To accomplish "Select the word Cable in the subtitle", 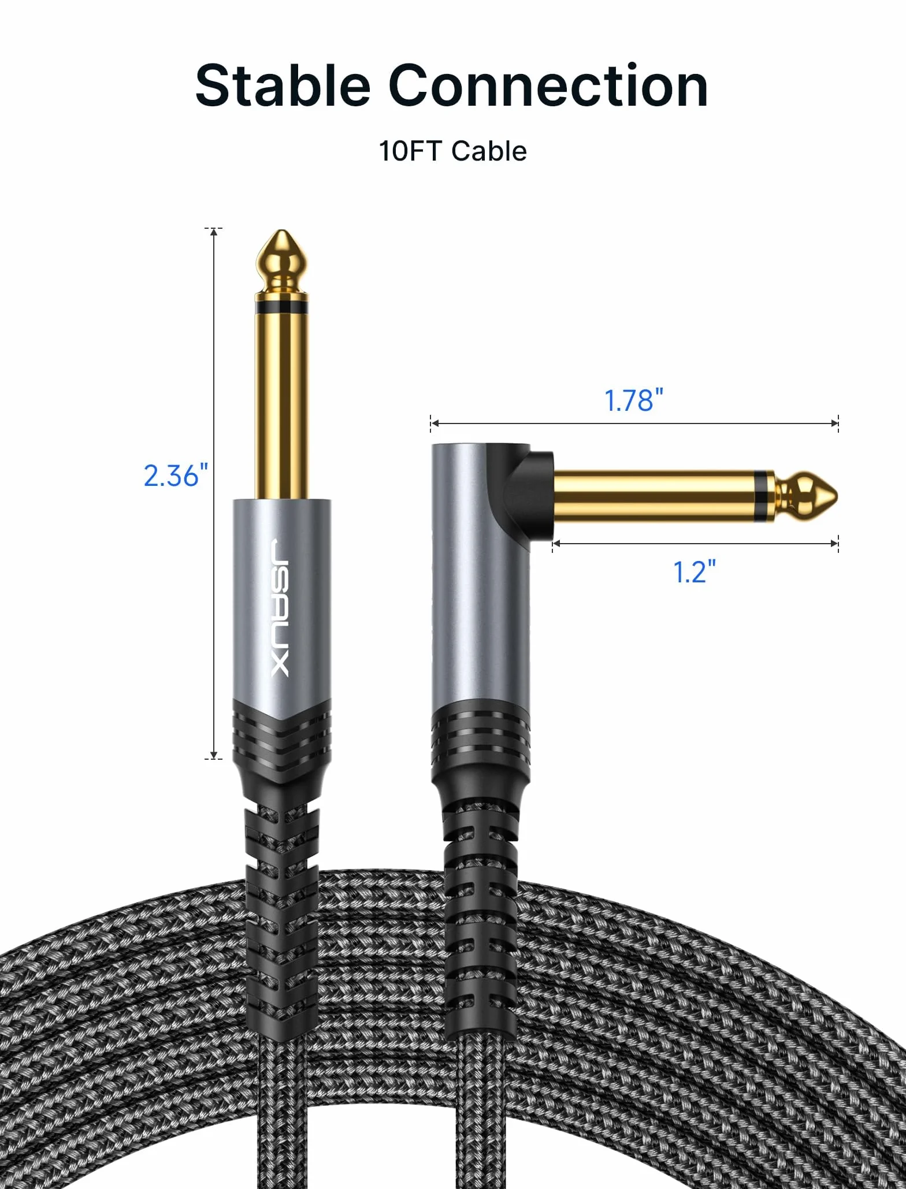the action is (x=489, y=151).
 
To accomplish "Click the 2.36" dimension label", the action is (x=176, y=475).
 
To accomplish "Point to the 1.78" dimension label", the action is (x=633, y=400).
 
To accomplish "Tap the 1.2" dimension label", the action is (x=694, y=571).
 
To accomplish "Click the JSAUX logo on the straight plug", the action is (x=280, y=608).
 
